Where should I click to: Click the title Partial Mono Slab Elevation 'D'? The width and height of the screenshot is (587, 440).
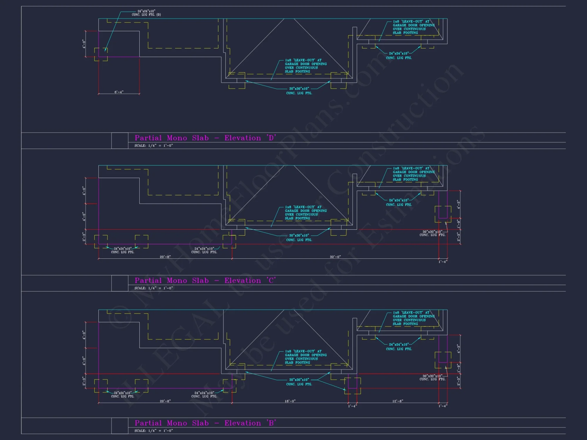[x=205, y=138]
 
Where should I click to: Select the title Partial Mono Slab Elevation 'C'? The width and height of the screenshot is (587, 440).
[x=205, y=280]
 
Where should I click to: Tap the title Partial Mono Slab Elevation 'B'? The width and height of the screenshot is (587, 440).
[x=205, y=423]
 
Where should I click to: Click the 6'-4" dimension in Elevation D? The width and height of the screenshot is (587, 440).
[x=119, y=92]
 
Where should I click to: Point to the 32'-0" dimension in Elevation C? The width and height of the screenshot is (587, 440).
[x=335, y=257]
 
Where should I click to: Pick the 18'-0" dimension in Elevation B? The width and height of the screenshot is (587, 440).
[x=290, y=401]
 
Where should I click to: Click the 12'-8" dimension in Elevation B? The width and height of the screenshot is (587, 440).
[x=398, y=401]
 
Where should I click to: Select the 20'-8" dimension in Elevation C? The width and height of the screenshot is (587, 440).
[x=165, y=257]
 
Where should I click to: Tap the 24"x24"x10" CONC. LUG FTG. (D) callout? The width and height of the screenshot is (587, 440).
[x=146, y=13]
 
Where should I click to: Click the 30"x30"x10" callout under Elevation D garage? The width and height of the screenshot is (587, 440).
[x=299, y=91]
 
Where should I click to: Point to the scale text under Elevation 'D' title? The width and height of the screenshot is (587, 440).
[x=154, y=145]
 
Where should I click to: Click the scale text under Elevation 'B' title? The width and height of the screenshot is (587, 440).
[x=154, y=431]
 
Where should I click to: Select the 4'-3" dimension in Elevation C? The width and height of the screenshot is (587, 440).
[x=458, y=204]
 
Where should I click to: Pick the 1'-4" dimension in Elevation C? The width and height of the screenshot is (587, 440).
[x=443, y=262]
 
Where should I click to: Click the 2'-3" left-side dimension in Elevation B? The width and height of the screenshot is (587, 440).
[x=84, y=381]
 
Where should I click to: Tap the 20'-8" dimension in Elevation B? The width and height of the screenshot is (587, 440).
[x=165, y=401]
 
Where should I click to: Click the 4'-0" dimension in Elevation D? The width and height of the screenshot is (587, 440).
[x=84, y=44]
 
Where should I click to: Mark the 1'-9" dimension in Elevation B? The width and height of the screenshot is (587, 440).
[x=458, y=367]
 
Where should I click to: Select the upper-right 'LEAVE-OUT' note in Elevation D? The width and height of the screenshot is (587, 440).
[x=414, y=27]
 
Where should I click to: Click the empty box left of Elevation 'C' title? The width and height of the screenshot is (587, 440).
[x=120, y=283]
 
